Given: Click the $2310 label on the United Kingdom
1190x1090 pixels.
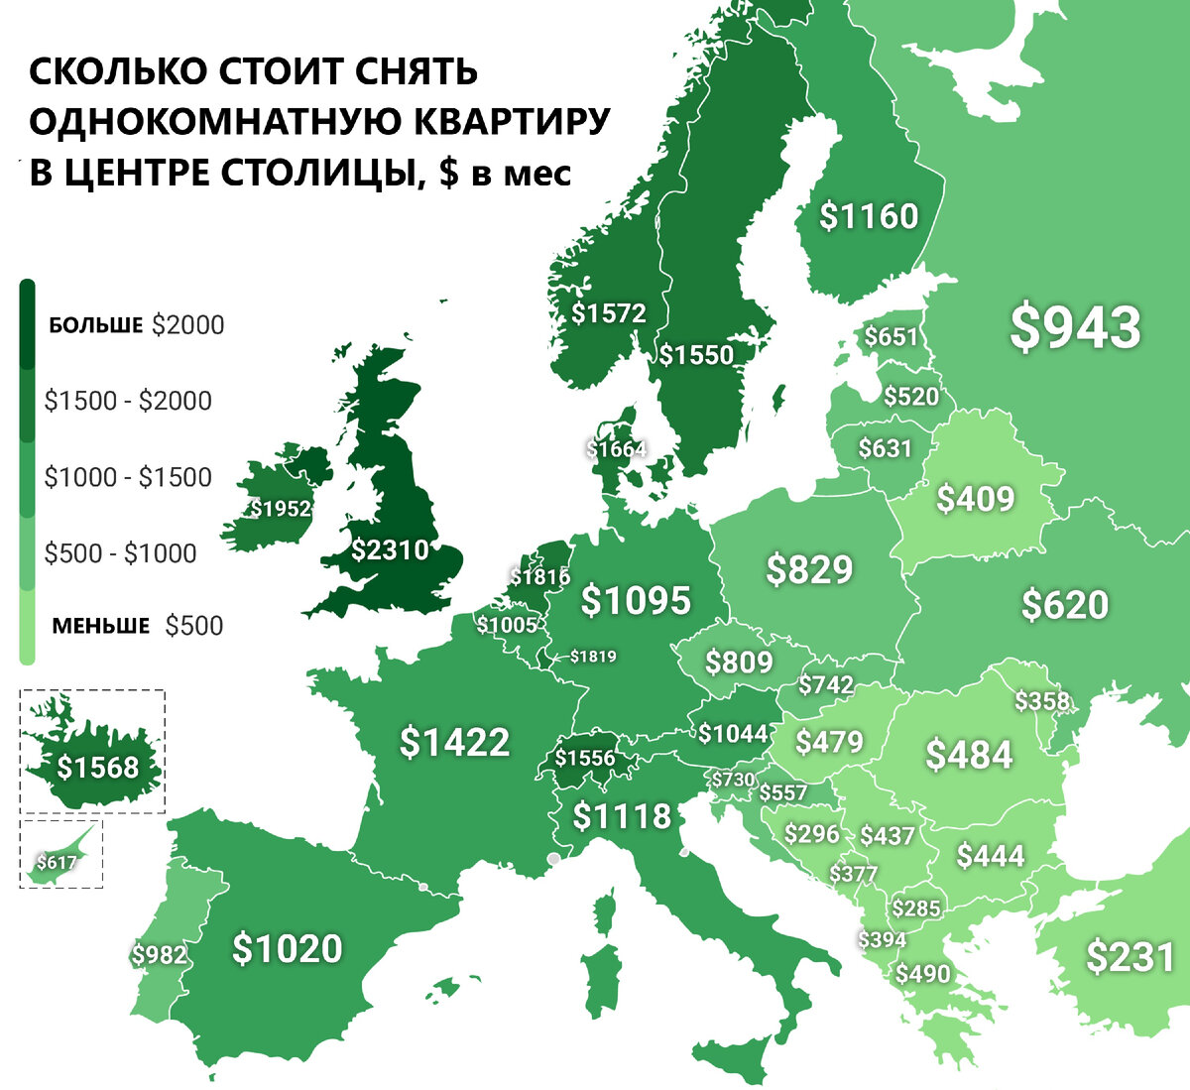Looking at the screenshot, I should [x=390, y=549].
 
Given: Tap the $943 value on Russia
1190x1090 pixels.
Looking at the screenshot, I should [x=1075, y=328].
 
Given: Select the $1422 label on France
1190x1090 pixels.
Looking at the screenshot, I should [x=454, y=742].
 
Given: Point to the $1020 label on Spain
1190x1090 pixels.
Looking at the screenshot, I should [x=287, y=948].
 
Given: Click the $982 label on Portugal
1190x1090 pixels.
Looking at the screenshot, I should [x=159, y=954].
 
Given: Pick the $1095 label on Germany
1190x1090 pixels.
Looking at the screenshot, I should [x=635, y=601].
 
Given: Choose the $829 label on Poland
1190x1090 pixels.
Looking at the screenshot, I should [x=809, y=569].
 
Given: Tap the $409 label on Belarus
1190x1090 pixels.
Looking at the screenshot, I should [x=975, y=498].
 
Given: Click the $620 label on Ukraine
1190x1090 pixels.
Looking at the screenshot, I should [x=1064, y=604].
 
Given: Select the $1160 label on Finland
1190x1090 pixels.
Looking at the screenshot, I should [x=869, y=216].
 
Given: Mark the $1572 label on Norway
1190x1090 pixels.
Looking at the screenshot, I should [x=609, y=313].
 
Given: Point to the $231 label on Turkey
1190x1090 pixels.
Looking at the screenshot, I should [x=1130, y=957].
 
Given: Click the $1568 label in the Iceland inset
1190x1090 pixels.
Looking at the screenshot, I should [x=97, y=767].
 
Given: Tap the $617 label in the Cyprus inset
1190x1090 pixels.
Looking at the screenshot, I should [x=56, y=863].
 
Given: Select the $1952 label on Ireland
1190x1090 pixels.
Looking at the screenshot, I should [x=280, y=509].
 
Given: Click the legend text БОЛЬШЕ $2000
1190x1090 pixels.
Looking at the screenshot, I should [x=136, y=325].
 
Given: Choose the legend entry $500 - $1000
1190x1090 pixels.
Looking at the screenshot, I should [x=120, y=553].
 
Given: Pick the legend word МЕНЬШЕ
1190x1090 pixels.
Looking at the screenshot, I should [x=101, y=626].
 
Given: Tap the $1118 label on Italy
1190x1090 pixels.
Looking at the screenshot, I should [x=622, y=816].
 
